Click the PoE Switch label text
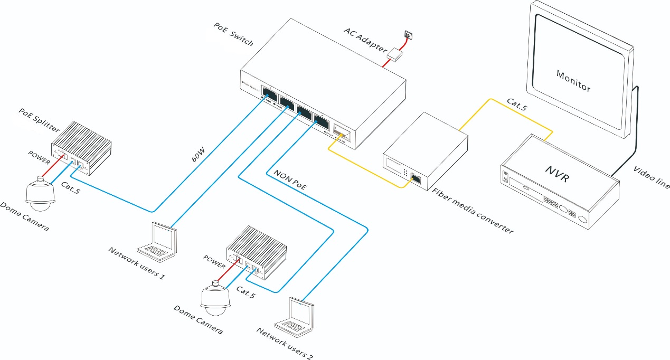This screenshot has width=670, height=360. [x=233, y=34]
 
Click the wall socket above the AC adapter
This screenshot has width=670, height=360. [x=408, y=35]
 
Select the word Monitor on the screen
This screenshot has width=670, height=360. [x=573, y=80]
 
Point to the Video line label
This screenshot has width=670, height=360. [x=650, y=177]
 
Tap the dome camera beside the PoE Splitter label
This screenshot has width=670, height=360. [x=40, y=194]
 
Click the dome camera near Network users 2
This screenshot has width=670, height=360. [x=215, y=298]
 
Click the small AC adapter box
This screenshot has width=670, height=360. [x=395, y=53]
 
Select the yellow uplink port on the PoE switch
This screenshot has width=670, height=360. [x=340, y=132]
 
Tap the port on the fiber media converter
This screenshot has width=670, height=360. [x=416, y=178]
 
